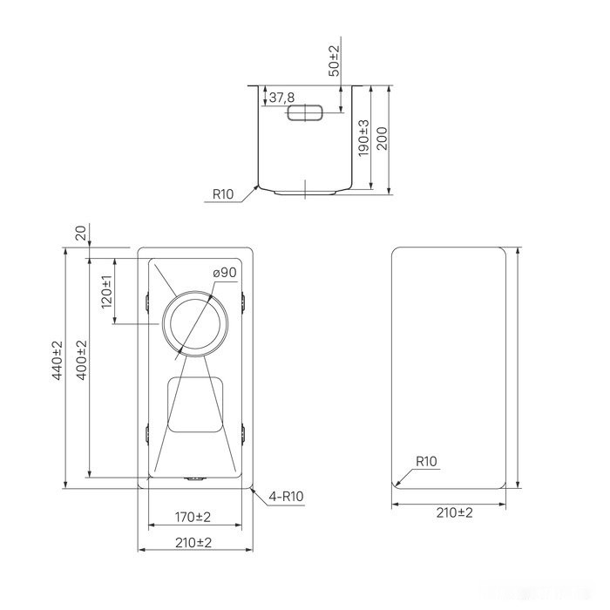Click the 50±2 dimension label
click(334, 60)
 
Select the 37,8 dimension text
click(281, 98)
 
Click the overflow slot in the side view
click(305, 112)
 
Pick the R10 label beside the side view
click(223, 195)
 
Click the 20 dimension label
click(81, 234)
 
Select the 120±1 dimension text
click(107, 291)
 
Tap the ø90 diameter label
click(225, 273)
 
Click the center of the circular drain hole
click(195, 323)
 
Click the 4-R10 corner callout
click(286, 498)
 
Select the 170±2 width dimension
click(193, 518)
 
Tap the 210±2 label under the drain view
click(193, 542)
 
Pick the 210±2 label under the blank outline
click(453, 512)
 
